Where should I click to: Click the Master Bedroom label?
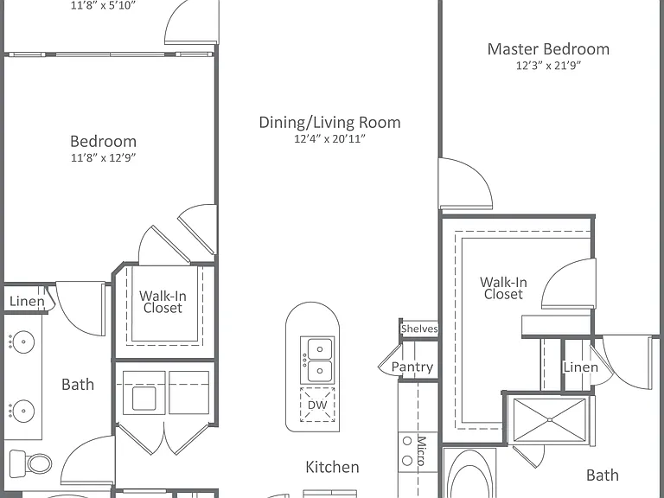coord(548,49)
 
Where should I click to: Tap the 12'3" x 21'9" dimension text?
coord(548,65)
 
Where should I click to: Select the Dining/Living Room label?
coord(330,123)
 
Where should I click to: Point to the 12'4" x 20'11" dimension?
coord(330,138)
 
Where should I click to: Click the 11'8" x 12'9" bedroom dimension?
coord(104,157)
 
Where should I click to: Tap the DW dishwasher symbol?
coord(317,405)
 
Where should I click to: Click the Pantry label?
coord(412,367)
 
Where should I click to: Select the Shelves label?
coord(419,329)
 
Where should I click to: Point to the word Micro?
coord(422,450)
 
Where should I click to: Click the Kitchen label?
coord(332,467)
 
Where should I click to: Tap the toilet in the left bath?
coord(30,463)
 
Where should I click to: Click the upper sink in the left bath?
coord(22,342)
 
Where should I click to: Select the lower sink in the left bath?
coord(22,411)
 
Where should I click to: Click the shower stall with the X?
coord(549,419)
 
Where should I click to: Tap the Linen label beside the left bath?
coord(27,301)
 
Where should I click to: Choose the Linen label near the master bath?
coord(581,367)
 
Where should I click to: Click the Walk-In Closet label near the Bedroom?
coord(163,302)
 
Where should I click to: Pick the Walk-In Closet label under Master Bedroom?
coord(503,288)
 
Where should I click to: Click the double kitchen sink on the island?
coord(317,360)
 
